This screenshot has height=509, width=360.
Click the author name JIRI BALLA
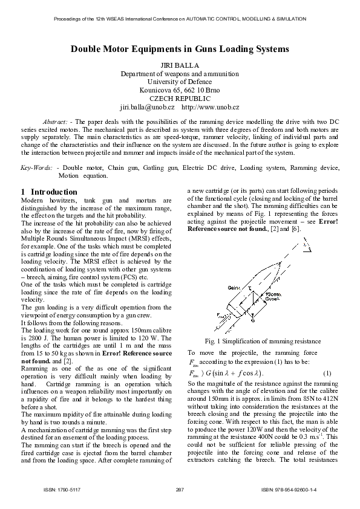180,64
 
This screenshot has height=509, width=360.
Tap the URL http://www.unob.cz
211,107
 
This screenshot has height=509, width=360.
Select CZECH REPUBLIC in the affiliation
180,99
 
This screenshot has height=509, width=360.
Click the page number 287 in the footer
179,489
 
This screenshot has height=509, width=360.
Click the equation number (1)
327,371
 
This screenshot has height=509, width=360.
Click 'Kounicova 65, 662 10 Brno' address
180,90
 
